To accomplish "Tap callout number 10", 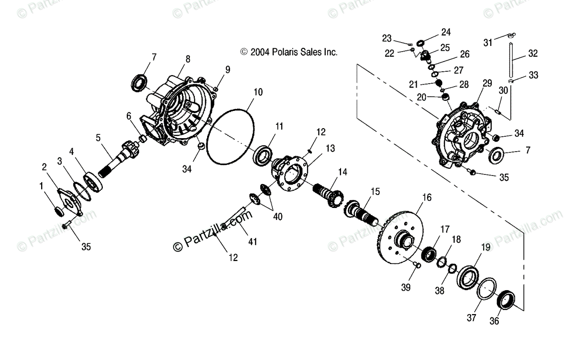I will pyautogui.click(x=258, y=92).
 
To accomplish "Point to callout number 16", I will pyautogui.click(x=427, y=196).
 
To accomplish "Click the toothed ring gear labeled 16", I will pyautogui.click(x=399, y=239).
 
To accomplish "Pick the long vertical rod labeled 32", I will pyautogui.click(x=512, y=60).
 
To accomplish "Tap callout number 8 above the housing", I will pyautogui.click(x=188, y=59).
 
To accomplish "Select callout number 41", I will pyautogui.click(x=253, y=241).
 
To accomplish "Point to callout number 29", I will pyautogui.click(x=487, y=83).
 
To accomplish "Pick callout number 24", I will pyautogui.click(x=446, y=33).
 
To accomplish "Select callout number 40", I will pyautogui.click(x=277, y=216).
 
